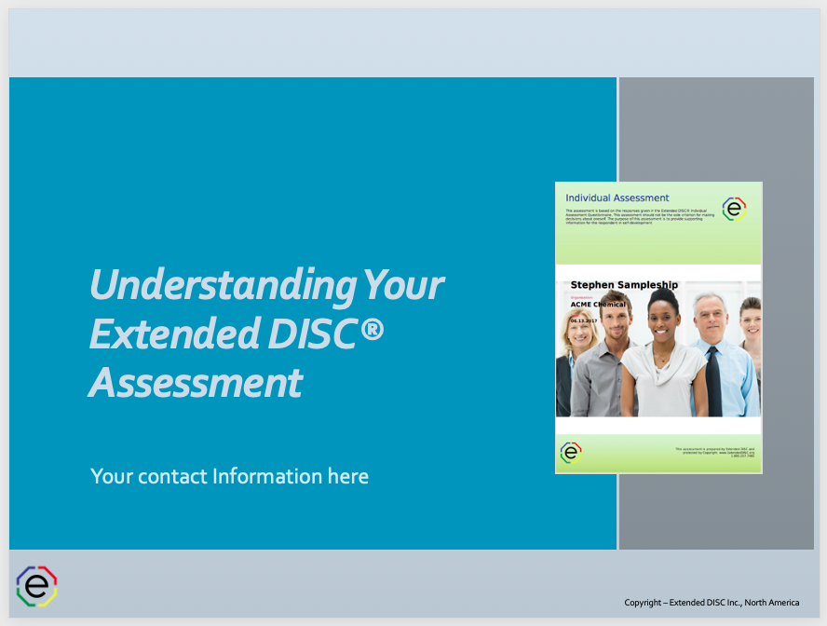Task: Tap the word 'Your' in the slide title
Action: pyautogui.click(x=402, y=284)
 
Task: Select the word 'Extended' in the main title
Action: pyautogui.click(x=162, y=333)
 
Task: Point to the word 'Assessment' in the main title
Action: pyautogui.click(x=196, y=382)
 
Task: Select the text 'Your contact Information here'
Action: pyautogui.click(x=229, y=476)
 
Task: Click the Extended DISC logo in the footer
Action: pyautogui.click(x=37, y=585)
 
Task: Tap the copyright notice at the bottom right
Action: pyautogui.click(x=712, y=603)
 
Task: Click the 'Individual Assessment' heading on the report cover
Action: pyautogui.click(x=617, y=197)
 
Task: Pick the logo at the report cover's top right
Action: pyautogui.click(x=734, y=209)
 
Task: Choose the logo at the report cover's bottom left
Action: pyautogui.click(x=571, y=453)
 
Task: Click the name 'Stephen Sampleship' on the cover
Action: pyautogui.click(x=624, y=285)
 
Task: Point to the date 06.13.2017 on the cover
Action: pyautogui.click(x=583, y=320)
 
